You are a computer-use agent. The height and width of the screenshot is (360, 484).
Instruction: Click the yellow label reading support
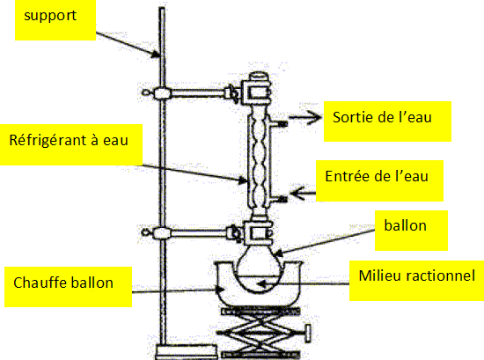tap(55, 20)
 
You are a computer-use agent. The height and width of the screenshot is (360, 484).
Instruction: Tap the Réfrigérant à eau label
tap(71, 144)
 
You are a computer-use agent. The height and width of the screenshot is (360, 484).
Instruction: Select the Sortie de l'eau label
tap(387, 121)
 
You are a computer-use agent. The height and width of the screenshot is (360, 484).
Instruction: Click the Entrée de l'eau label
tap(379, 181)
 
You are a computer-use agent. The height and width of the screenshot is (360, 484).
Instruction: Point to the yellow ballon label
tap(411, 231)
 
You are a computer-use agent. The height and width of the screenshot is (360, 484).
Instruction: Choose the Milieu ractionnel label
tap(416, 281)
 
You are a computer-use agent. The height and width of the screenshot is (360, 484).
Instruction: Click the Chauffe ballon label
tap(68, 287)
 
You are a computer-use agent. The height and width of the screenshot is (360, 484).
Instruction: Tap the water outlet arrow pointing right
tap(305, 117)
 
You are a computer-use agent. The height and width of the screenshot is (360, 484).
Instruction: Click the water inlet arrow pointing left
tap(303, 194)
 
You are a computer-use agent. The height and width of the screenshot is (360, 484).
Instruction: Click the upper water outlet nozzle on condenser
tap(278, 124)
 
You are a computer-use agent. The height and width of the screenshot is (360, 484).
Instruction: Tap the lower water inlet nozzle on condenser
tap(278, 199)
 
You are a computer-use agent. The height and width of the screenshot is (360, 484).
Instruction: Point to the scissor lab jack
tap(260, 333)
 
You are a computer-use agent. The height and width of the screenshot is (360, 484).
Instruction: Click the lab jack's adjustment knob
tap(307, 334)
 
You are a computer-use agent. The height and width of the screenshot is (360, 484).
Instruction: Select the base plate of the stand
tap(187, 352)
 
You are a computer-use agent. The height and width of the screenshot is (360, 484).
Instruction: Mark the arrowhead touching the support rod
tap(156, 55)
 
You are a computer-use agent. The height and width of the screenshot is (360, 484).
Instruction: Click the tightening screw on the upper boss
tap(146, 92)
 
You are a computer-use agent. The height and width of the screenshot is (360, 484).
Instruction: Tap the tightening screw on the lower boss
tap(146, 231)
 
